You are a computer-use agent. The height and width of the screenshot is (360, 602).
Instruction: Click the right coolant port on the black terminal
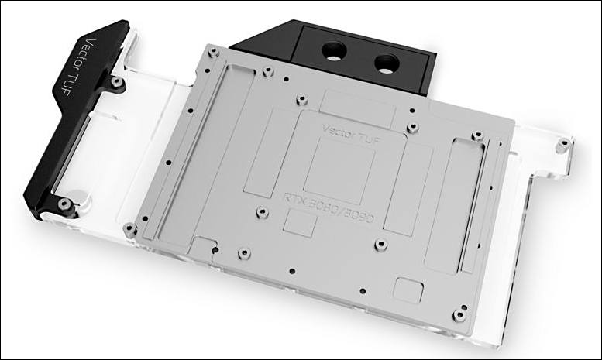coord(387,63)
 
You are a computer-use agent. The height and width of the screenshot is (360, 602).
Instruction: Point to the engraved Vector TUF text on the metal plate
coord(352,134)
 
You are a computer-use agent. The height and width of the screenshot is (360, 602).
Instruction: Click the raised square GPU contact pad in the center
coord(339,170)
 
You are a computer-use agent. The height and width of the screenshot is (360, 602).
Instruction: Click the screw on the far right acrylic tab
coord(563,145)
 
